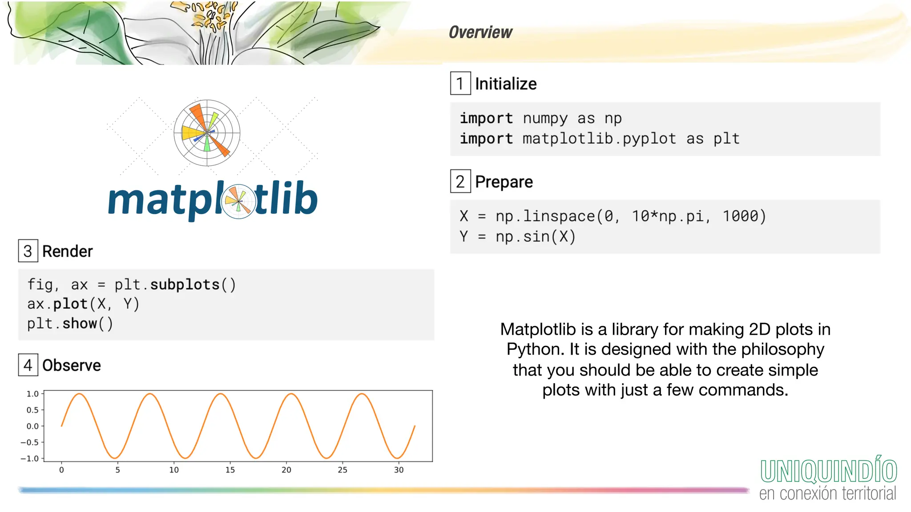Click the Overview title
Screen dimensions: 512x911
480,32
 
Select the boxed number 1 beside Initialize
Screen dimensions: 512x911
460,84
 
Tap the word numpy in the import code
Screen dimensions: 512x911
545,119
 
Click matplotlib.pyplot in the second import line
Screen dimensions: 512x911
599,139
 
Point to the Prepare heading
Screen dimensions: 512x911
504,182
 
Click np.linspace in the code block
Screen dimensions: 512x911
545,216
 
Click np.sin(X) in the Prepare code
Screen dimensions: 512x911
536,236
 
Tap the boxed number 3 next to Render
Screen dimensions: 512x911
28,251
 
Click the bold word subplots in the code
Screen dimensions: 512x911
185,284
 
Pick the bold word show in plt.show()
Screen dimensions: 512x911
80,324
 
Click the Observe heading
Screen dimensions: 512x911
71,365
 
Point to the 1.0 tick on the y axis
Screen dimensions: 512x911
32,394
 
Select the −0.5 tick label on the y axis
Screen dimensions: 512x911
30,442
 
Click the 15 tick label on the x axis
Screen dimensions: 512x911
230,470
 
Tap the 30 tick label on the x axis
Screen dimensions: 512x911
399,470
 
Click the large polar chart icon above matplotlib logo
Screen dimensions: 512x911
207,132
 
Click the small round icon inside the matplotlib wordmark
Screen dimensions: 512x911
239,201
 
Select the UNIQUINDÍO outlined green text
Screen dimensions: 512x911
828,471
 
